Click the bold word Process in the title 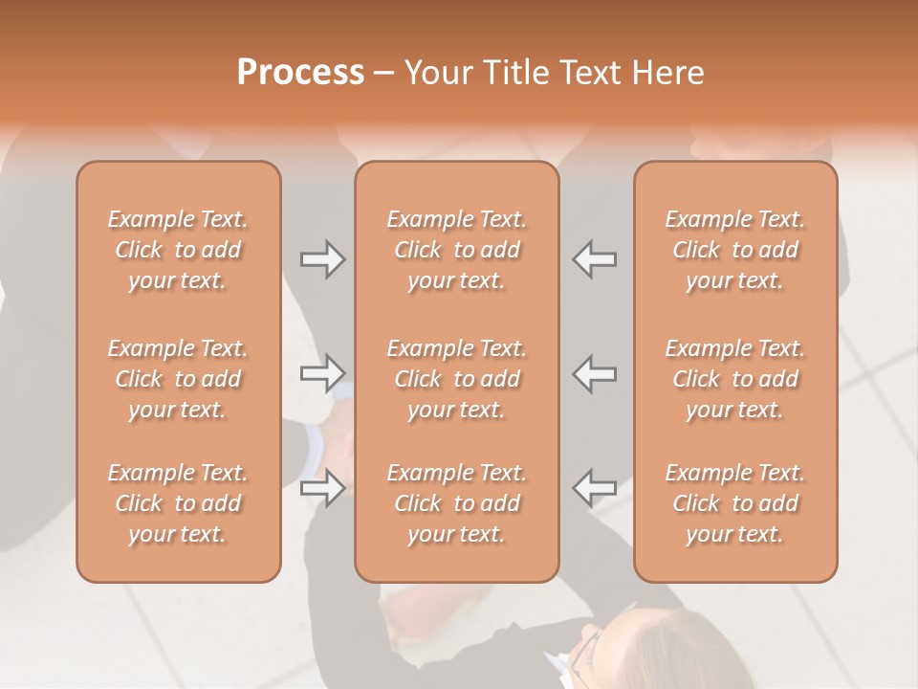point(300,73)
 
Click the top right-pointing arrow point(322,259)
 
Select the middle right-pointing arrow point(322,373)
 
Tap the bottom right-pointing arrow point(322,488)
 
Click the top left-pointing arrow point(595,259)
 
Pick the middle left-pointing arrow point(595,373)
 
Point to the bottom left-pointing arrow point(595,488)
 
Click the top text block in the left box point(178,250)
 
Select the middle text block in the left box point(178,379)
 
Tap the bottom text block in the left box point(178,503)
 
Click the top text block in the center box point(457,250)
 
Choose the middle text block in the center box point(457,379)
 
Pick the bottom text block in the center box point(457,503)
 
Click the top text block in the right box point(735,250)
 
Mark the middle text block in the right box point(735,379)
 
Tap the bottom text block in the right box point(735,503)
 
